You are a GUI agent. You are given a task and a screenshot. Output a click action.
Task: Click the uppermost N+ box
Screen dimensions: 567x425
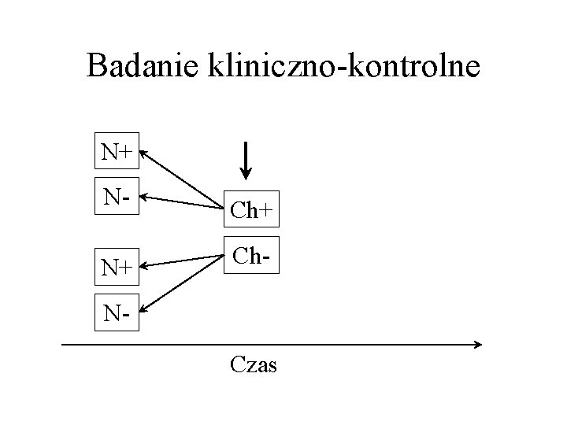click(x=117, y=151)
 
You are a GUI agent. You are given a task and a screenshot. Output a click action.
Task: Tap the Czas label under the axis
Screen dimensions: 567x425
click(x=254, y=365)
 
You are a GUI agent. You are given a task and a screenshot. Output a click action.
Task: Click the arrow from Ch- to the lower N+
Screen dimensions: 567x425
click(x=181, y=261)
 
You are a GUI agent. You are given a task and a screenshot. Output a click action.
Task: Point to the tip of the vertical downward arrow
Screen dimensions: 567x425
click(x=245, y=176)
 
